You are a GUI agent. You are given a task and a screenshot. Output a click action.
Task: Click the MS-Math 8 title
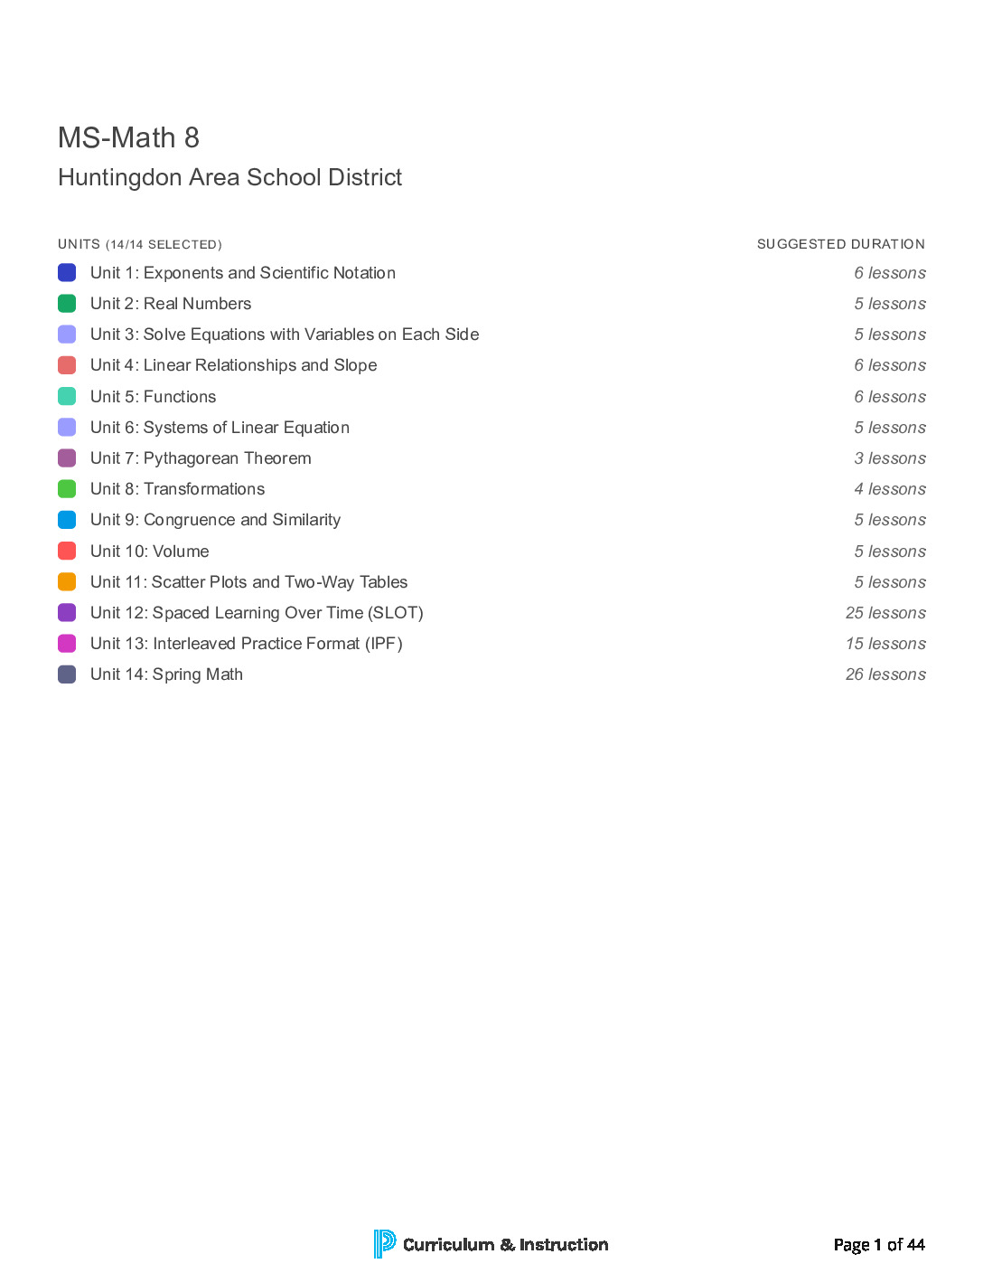pyautogui.click(x=128, y=137)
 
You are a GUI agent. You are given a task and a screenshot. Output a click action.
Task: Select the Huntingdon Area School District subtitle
pyautogui.click(x=229, y=177)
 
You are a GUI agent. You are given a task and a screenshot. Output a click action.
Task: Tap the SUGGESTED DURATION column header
pyautogui.click(x=840, y=244)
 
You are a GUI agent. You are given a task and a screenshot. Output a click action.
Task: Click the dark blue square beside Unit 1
pyautogui.click(x=67, y=272)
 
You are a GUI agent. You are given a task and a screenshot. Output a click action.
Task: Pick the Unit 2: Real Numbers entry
pyautogui.click(x=171, y=304)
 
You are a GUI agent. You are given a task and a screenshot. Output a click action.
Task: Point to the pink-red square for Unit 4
pyautogui.click(x=67, y=365)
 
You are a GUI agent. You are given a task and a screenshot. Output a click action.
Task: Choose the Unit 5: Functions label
pyautogui.click(x=153, y=397)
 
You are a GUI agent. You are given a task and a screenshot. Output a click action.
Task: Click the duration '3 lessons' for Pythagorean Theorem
pyautogui.click(x=890, y=458)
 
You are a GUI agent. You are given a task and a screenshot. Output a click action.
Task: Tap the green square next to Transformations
pyautogui.click(x=67, y=489)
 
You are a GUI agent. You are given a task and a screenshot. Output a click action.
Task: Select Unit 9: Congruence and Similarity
pyautogui.click(x=215, y=520)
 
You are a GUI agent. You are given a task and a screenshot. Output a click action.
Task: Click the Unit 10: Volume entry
pyautogui.click(x=149, y=552)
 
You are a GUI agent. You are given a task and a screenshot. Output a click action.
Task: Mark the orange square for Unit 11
pyautogui.click(x=67, y=582)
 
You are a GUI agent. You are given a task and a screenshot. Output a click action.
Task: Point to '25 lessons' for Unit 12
pyautogui.click(x=885, y=613)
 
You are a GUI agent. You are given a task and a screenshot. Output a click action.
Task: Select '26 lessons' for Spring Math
pyautogui.click(x=885, y=674)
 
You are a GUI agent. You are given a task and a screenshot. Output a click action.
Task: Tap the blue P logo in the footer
pyautogui.click(x=384, y=1244)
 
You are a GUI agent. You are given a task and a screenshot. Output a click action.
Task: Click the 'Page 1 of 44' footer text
pyautogui.click(x=879, y=1245)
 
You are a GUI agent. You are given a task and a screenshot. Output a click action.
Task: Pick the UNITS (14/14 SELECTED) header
pyautogui.click(x=140, y=244)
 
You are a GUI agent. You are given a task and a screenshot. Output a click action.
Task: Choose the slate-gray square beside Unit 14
pyautogui.click(x=67, y=674)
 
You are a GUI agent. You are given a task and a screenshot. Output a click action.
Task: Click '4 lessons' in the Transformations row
pyautogui.click(x=890, y=489)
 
